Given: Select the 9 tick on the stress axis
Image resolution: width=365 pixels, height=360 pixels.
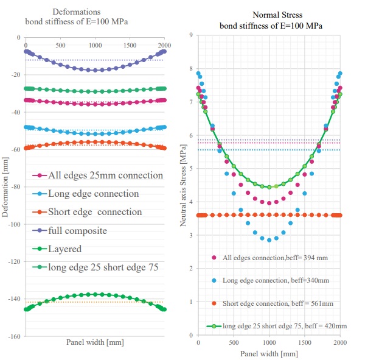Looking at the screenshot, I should point(191,35).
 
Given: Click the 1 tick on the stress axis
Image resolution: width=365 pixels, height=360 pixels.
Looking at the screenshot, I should point(191,302).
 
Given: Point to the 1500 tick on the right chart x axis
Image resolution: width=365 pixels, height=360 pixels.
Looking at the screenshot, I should point(304,343).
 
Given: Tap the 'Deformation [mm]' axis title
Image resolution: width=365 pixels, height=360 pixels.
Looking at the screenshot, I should point(5,186).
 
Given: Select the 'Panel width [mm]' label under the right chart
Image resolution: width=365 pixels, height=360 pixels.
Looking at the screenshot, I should point(269,353).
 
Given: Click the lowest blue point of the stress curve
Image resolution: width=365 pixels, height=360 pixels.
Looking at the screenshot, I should point(269,240).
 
